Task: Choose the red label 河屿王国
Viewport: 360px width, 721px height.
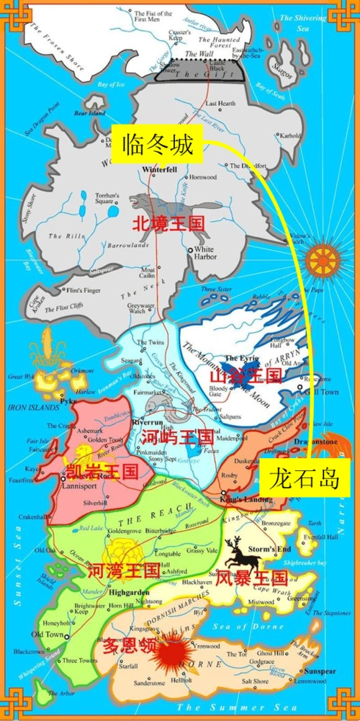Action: point(176,436)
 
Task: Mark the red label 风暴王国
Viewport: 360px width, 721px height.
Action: point(252,576)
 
